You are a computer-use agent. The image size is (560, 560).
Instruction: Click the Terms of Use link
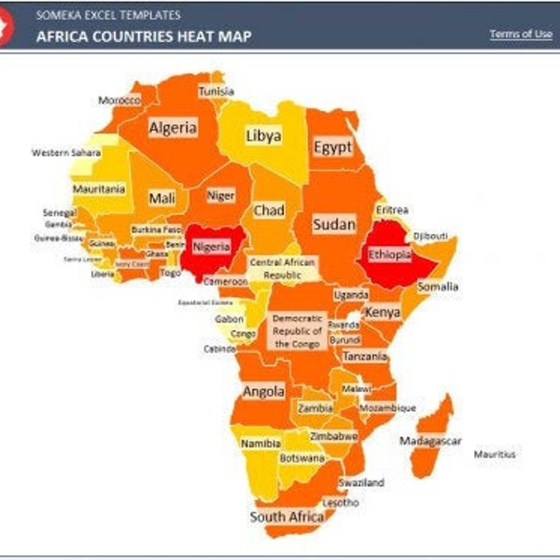pyautogui.click(x=521, y=35)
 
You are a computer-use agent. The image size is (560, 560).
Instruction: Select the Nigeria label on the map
pyautogui.click(x=211, y=247)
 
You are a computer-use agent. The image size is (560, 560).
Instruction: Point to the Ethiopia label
pyautogui.click(x=389, y=254)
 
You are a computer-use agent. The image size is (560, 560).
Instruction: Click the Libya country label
pyautogui.click(x=263, y=136)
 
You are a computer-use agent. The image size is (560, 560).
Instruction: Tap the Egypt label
pyautogui.click(x=332, y=147)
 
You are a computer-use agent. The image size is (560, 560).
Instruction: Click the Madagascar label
pyautogui.click(x=430, y=441)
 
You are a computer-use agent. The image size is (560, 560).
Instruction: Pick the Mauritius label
pyautogui.click(x=494, y=454)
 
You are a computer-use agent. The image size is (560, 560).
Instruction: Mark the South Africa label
pyautogui.click(x=287, y=516)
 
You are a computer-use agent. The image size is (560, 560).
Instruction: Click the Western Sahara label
pyautogui.click(x=66, y=152)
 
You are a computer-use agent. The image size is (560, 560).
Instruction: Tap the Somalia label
pyautogui.click(x=438, y=287)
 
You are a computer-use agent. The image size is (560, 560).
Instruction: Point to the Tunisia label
pyautogui.click(x=216, y=91)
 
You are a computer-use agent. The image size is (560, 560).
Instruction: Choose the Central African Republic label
pyautogui.click(x=283, y=270)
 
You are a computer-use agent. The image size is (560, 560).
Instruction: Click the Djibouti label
pyautogui.click(x=430, y=235)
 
